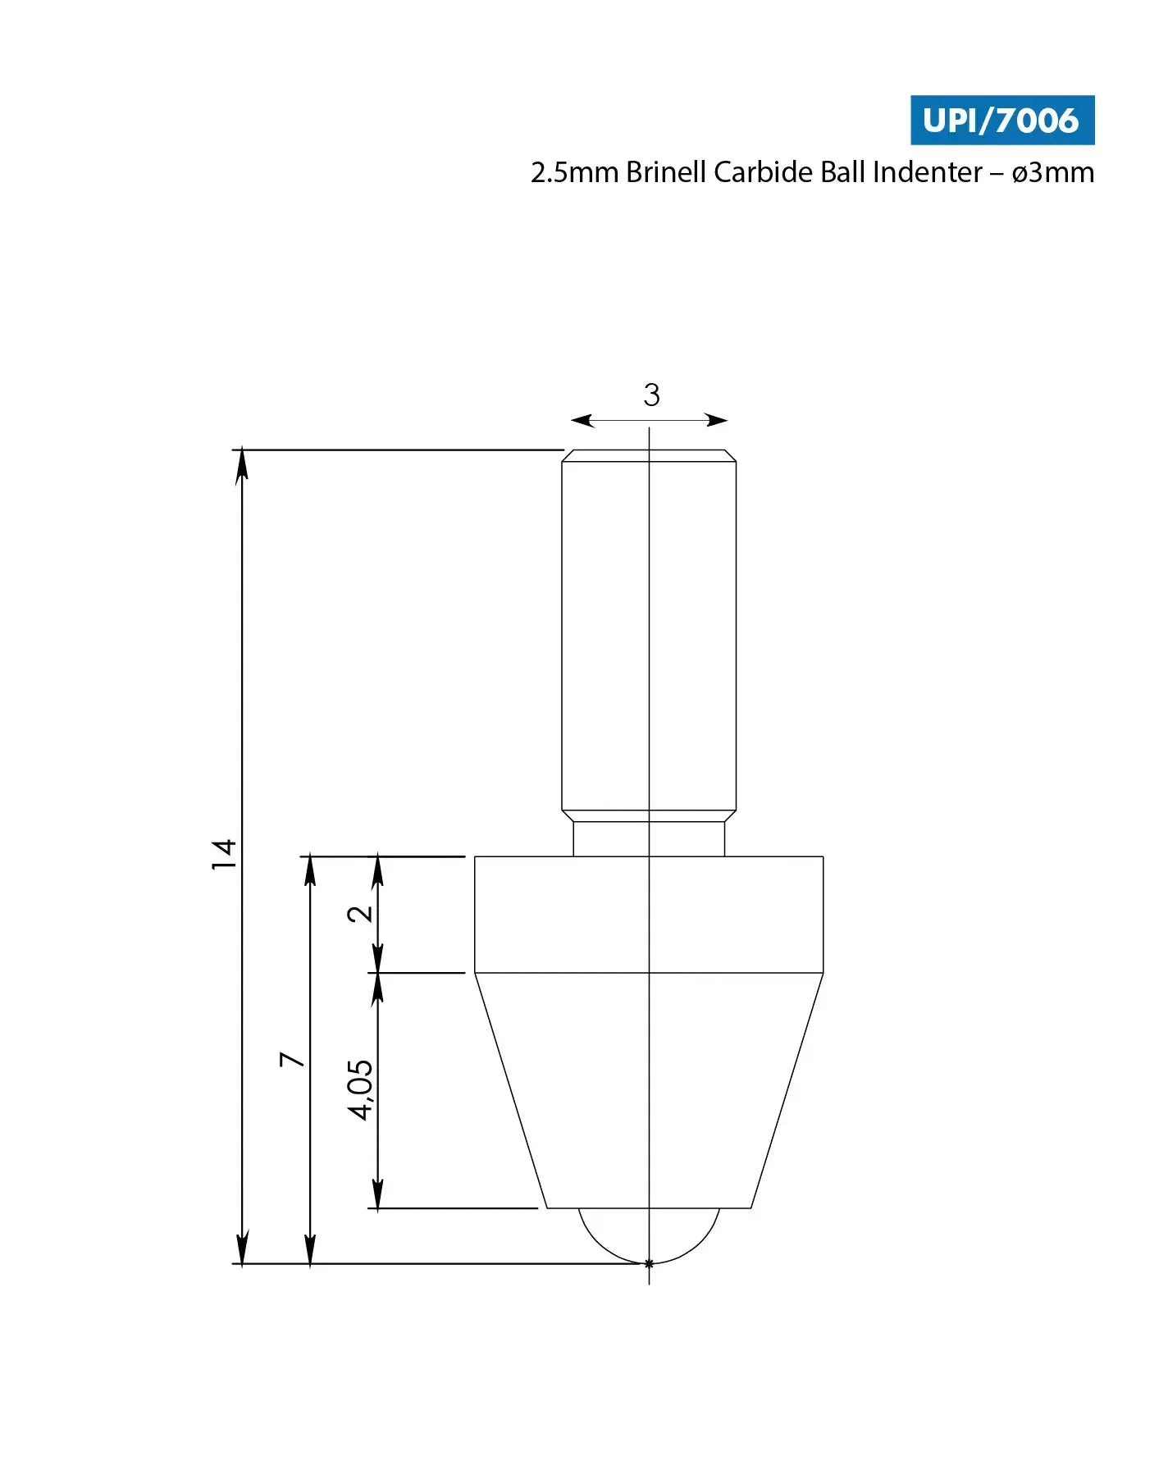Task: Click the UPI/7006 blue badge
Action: point(1001,121)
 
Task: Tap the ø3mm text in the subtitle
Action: point(1052,172)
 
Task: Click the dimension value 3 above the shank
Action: point(651,395)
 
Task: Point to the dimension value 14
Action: point(224,855)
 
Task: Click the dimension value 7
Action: point(292,1059)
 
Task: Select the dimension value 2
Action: point(360,914)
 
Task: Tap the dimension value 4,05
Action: point(360,1090)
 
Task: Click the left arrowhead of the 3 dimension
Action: point(582,421)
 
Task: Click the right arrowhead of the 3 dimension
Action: point(717,421)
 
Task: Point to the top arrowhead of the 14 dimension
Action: point(242,466)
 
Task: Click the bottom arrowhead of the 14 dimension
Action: point(242,1249)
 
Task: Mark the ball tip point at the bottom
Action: point(649,1263)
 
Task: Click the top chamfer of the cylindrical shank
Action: point(649,455)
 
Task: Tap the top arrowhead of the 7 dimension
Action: point(310,871)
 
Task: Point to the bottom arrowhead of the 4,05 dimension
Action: point(377,1194)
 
